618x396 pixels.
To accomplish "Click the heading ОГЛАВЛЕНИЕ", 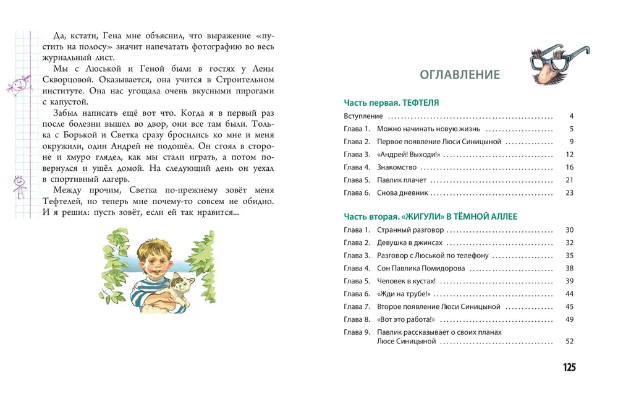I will pos(460,75).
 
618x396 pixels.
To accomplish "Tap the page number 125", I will pos(569,368).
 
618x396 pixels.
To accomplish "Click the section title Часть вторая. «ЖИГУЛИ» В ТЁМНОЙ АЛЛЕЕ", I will pos(430,217).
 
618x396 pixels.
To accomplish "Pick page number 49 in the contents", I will pos(569,319).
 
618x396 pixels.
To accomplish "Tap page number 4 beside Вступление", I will pos(572,116).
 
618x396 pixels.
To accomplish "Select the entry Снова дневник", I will pos(402,193).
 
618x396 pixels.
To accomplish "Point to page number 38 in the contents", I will pos(569,269).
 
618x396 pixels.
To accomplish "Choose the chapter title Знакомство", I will pos(397,168).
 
